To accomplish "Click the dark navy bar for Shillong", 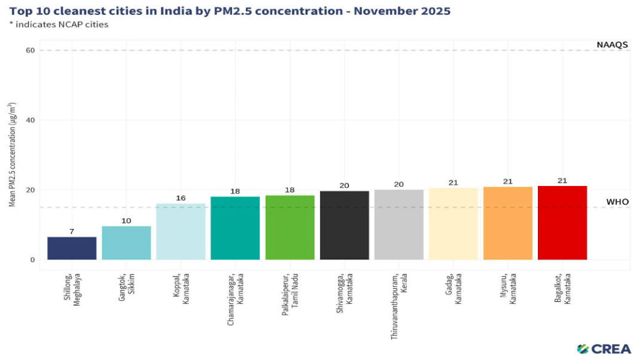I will [72, 248].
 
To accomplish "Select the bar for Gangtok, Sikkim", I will [126, 243].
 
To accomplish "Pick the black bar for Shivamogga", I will [344, 225].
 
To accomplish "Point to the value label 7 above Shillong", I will [72, 231].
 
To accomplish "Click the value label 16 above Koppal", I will [181, 198].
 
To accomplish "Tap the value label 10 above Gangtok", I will [126, 221].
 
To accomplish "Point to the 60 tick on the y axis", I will [30, 51].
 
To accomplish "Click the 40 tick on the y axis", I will [30, 120].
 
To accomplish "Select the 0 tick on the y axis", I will [32, 260].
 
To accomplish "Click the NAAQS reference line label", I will [612, 44].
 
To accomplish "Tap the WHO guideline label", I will [617, 202].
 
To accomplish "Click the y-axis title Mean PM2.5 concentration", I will [12, 154].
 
